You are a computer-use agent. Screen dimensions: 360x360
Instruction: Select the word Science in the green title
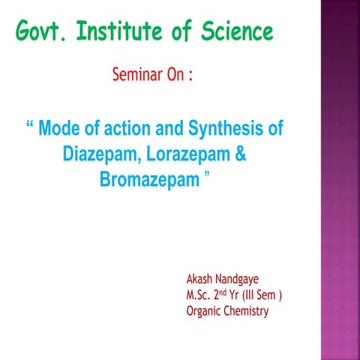[238, 33]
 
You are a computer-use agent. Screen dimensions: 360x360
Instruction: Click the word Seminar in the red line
[136, 76]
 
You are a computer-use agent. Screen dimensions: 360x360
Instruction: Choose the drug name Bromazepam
[149, 181]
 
